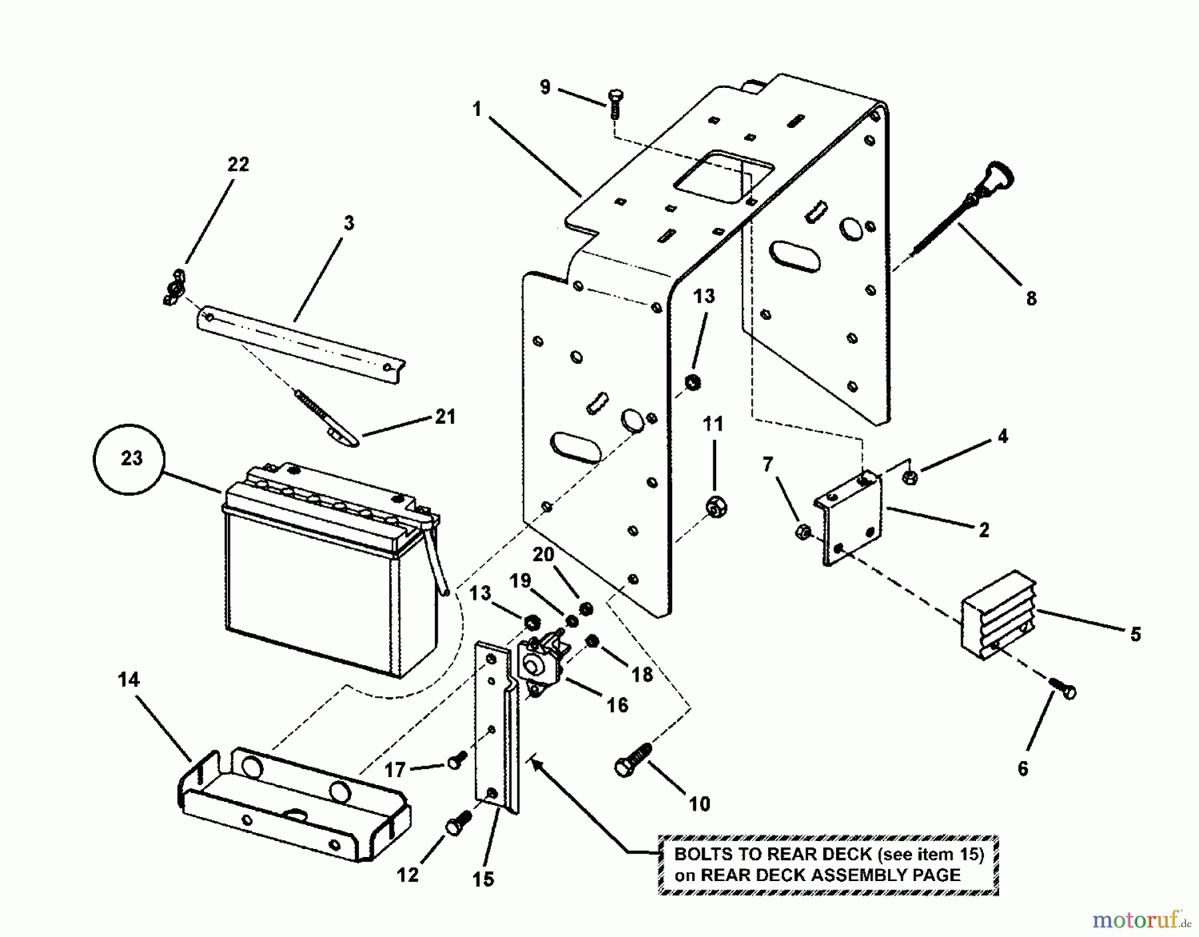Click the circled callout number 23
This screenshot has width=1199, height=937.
pyautogui.click(x=132, y=459)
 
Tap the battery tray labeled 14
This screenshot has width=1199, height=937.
pyautogui.click(x=293, y=803)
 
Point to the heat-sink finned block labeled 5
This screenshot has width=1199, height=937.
pyautogui.click(x=998, y=612)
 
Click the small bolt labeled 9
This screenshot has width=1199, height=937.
pyautogui.click(x=614, y=106)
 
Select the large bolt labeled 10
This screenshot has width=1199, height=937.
pyautogui.click(x=633, y=760)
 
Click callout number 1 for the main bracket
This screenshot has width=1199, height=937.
pyautogui.click(x=477, y=109)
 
